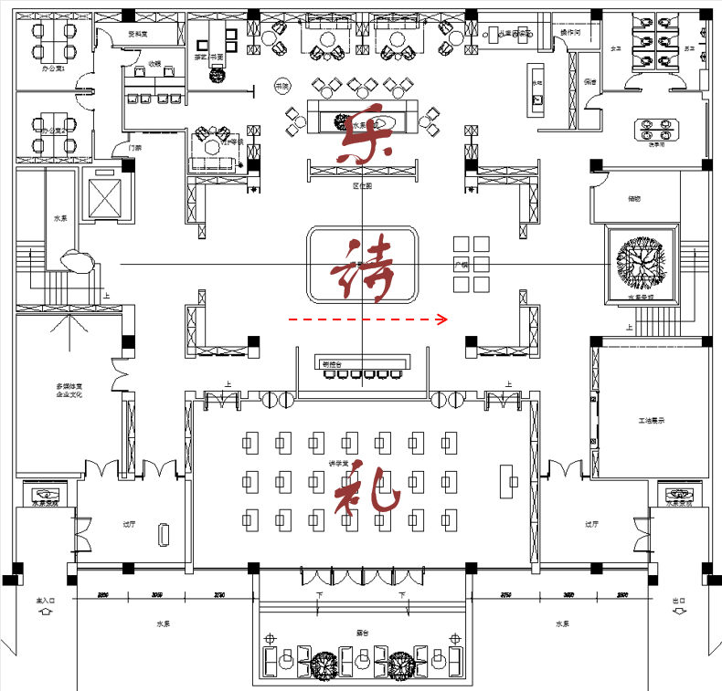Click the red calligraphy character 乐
[x=365, y=135]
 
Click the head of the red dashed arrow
[x=443, y=319]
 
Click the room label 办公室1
[x=52, y=68]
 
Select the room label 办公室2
[x=52, y=131]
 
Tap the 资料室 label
[x=138, y=34]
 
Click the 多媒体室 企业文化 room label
[x=69, y=392]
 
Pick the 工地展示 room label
[x=650, y=421]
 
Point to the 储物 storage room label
[x=633, y=198]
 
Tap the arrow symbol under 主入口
[x=46, y=613]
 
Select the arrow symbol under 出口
[x=677, y=613]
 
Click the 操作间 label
[x=569, y=33]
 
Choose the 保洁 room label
[x=590, y=82]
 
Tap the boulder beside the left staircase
[x=80, y=262]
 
